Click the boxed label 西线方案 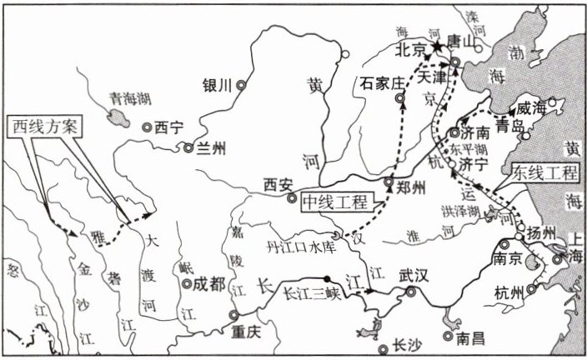[x=44, y=127]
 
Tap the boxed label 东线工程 [x=545, y=173]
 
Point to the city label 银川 [x=217, y=84]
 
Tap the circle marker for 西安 [x=291, y=198]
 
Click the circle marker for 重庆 [x=234, y=314]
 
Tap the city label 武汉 [x=414, y=274]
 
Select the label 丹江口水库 [x=299, y=247]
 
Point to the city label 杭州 [x=509, y=292]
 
